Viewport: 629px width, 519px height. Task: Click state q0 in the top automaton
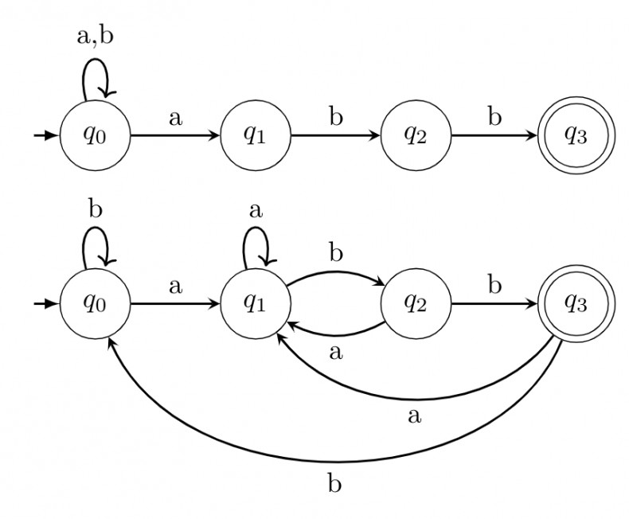point(94,135)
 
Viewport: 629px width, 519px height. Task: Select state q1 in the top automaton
point(254,135)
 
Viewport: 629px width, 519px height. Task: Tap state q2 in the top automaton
point(416,135)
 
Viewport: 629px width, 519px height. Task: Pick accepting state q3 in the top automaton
point(575,135)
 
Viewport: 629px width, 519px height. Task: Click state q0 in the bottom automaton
point(94,304)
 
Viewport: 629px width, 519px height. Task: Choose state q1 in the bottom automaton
point(254,304)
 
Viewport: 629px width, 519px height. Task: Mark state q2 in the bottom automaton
point(416,304)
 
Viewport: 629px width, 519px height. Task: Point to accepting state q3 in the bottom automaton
point(575,304)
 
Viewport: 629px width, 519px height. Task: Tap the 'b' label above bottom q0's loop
point(96,210)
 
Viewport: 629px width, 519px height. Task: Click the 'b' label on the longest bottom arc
point(335,482)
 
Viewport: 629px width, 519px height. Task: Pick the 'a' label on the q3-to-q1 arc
point(413,415)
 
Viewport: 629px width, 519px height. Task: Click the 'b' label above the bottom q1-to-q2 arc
point(335,254)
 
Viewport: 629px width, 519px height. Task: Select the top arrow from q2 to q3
point(494,135)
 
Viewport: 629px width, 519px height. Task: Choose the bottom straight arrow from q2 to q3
point(494,304)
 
